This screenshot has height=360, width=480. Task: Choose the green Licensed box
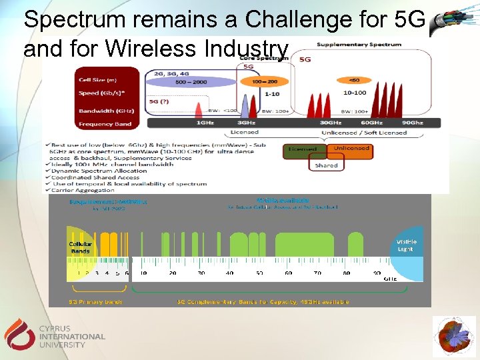[303, 149]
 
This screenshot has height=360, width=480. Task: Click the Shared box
[327, 165]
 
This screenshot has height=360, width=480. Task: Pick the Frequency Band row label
[105, 124]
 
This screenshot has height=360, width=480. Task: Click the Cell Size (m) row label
[97, 80]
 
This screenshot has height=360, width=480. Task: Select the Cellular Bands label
[80, 247]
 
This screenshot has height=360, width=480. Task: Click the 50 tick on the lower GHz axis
[259, 273]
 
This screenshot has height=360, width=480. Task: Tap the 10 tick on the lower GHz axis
[143, 273]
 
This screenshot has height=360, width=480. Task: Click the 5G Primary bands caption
[96, 302]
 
